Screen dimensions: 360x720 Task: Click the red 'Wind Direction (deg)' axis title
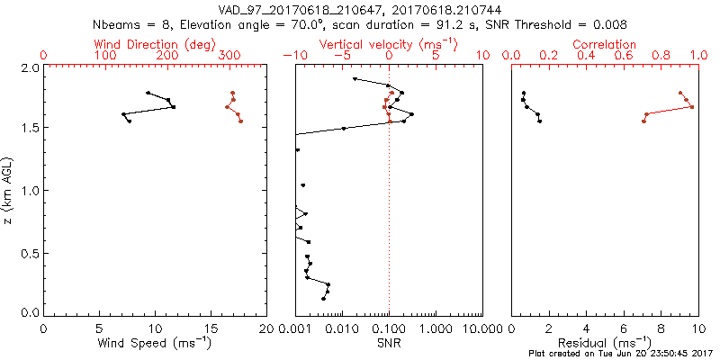pos(155,43)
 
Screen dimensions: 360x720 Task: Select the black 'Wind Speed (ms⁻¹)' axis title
pos(155,343)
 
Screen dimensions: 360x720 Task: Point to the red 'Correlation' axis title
pos(605,43)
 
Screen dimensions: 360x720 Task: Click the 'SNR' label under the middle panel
pos(389,343)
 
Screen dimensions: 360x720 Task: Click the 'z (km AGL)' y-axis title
pos(8,191)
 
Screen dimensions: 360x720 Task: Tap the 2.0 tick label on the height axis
pos(30,67)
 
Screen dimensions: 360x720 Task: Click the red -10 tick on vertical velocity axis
pos(293,56)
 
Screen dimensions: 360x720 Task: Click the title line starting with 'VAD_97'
pos(359,9)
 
